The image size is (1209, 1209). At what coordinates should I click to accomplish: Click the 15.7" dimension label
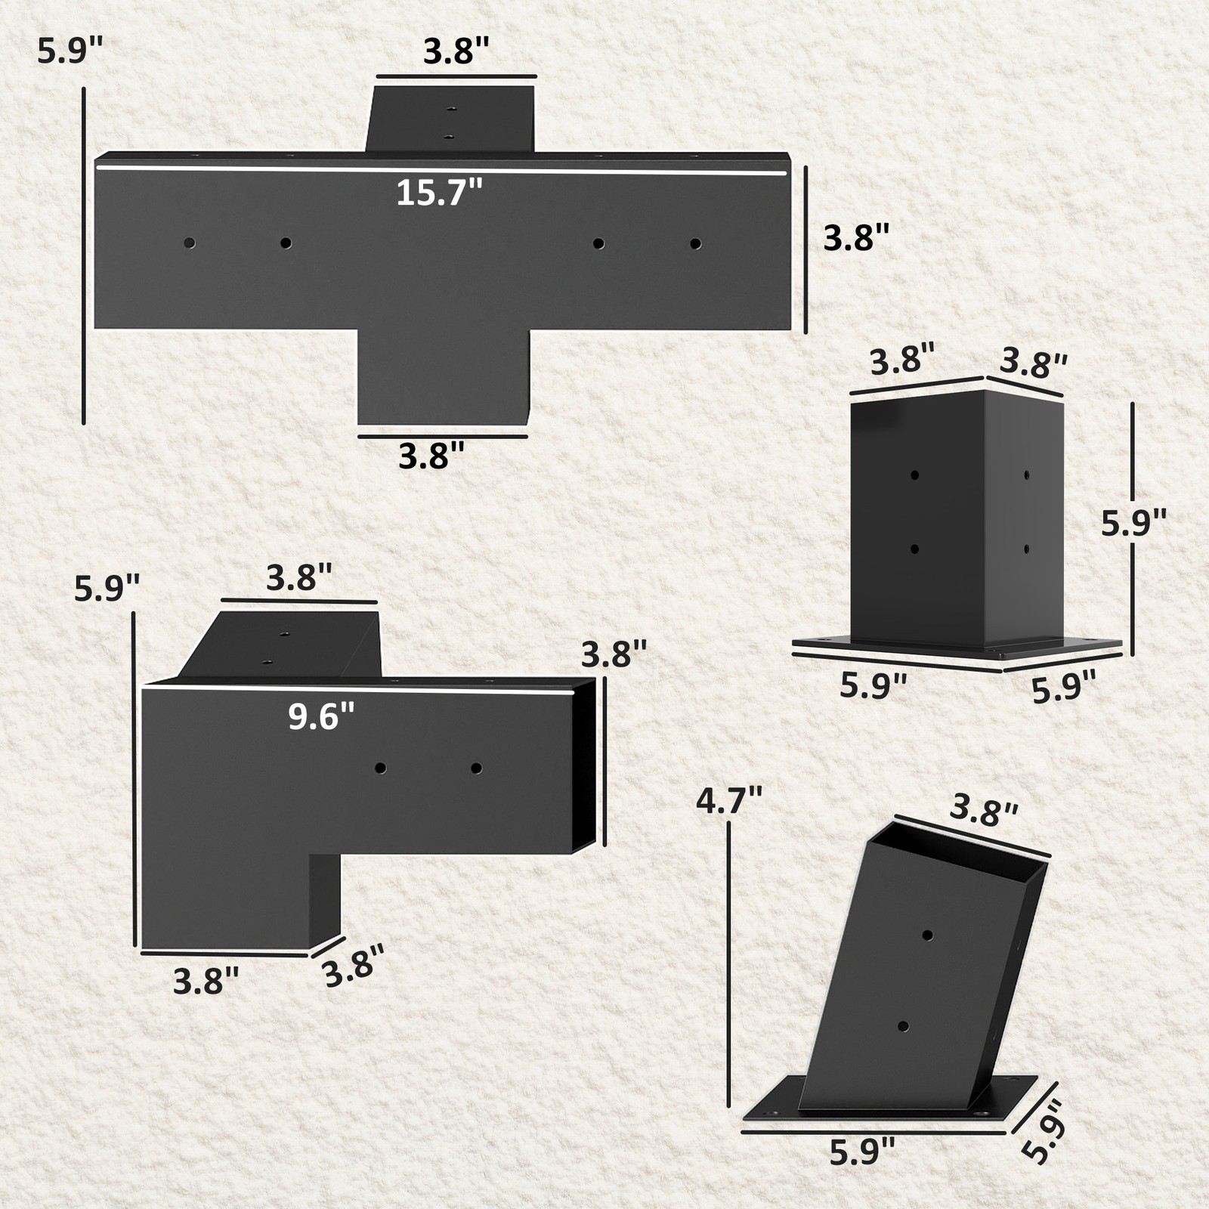coord(439,193)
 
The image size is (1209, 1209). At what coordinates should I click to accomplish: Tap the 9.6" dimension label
coord(321,716)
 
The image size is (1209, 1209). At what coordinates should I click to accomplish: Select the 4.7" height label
coord(729,801)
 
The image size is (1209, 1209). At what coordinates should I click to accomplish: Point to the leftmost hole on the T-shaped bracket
coord(189,243)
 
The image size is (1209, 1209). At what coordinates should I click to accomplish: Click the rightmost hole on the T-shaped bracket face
coord(695,243)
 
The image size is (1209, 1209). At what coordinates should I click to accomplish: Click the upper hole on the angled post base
coord(928,935)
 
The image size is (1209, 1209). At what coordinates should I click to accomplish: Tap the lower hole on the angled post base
coord(903,1026)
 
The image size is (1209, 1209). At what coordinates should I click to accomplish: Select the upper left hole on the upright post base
coord(914,475)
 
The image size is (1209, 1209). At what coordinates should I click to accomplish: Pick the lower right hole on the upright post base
coord(1026,548)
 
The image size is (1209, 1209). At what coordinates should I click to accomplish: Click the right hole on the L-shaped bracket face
coord(476,768)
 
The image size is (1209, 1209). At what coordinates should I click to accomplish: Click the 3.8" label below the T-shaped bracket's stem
coord(431,456)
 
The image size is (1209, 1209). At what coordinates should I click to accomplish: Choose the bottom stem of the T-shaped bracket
coord(443,378)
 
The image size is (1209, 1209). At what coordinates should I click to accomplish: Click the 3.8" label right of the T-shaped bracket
coord(853,239)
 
